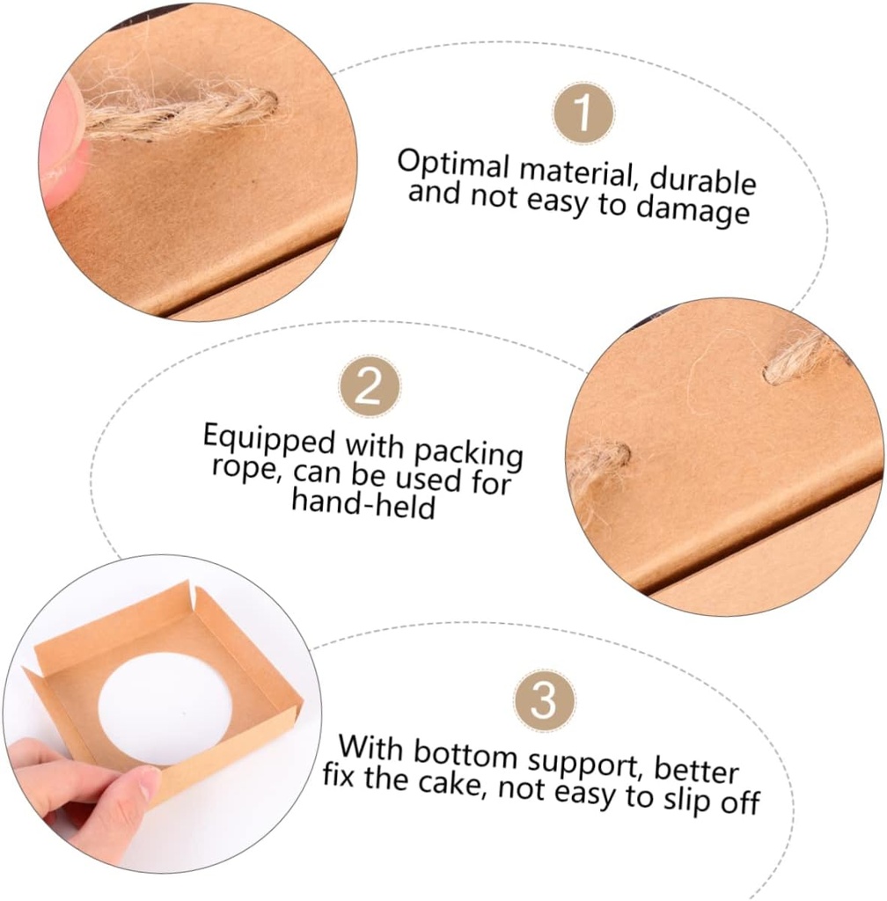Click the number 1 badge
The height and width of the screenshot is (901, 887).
[583, 114]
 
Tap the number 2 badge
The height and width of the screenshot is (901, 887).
[370, 388]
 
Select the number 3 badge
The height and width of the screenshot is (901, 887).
[545, 700]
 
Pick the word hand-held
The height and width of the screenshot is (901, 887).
[363, 503]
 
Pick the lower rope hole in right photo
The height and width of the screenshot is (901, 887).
[617, 455]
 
